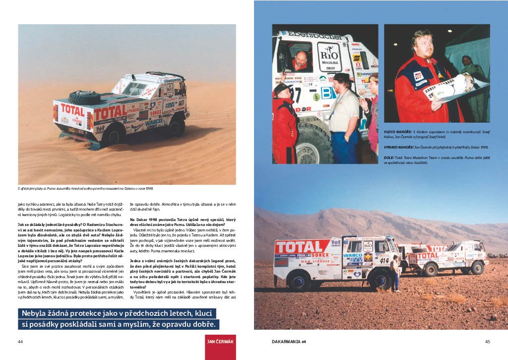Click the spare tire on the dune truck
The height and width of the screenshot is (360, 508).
pyautogui.click(x=85, y=97)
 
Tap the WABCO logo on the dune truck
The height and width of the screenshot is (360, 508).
pyautogui.click(x=153, y=121)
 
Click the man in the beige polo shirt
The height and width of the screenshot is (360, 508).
pyautogui.click(x=344, y=114)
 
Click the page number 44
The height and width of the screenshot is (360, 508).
pyautogui.click(x=20, y=342)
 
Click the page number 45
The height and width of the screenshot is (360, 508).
pyautogui.click(x=487, y=342)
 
